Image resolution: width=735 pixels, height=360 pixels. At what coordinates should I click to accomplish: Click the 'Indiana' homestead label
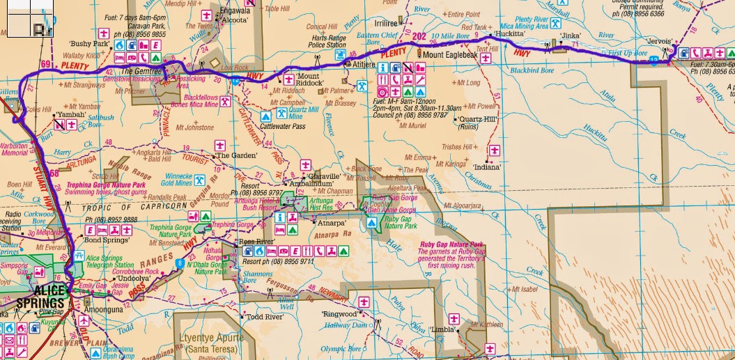pos(487,168)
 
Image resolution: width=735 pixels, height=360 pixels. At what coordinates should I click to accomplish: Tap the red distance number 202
pos(419,36)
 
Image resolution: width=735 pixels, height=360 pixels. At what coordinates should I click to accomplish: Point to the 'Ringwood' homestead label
pos(339,314)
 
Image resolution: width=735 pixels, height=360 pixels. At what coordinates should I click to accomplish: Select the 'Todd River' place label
pos(264,317)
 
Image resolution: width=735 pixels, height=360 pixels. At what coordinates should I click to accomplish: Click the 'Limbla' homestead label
pos(442,329)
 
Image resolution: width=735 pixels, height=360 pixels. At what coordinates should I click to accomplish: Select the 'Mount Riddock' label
pos(311,79)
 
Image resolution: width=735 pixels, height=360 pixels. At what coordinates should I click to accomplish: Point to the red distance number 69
pos(47,65)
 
